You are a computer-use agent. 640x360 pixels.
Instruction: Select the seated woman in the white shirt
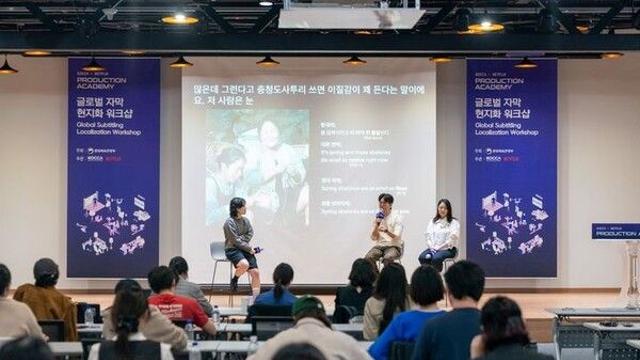(x=441, y=234)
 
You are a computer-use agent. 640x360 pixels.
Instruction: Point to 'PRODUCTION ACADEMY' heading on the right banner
(x=499, y=81)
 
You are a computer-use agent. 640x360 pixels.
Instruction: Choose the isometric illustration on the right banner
(x=511, y=222)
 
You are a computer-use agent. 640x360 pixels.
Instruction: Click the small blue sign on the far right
(x=615, y=230)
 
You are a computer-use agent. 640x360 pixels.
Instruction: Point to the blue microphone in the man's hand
(x=380, y=213)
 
